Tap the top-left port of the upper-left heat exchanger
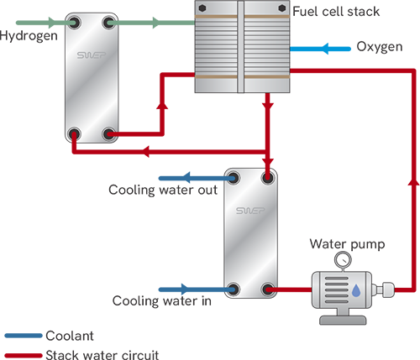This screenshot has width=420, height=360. [x=74, y=20]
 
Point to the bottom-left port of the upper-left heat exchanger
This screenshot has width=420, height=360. [x=74, y=133]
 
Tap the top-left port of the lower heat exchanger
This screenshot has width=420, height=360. [x=234, y=177]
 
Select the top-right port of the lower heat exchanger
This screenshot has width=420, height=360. [x=268, y=177]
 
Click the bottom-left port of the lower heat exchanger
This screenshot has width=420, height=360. [x=234, y=290]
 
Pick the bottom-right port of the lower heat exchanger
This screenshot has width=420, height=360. [x=268, y=290]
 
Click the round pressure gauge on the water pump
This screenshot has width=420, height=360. [x=342, y=260]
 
